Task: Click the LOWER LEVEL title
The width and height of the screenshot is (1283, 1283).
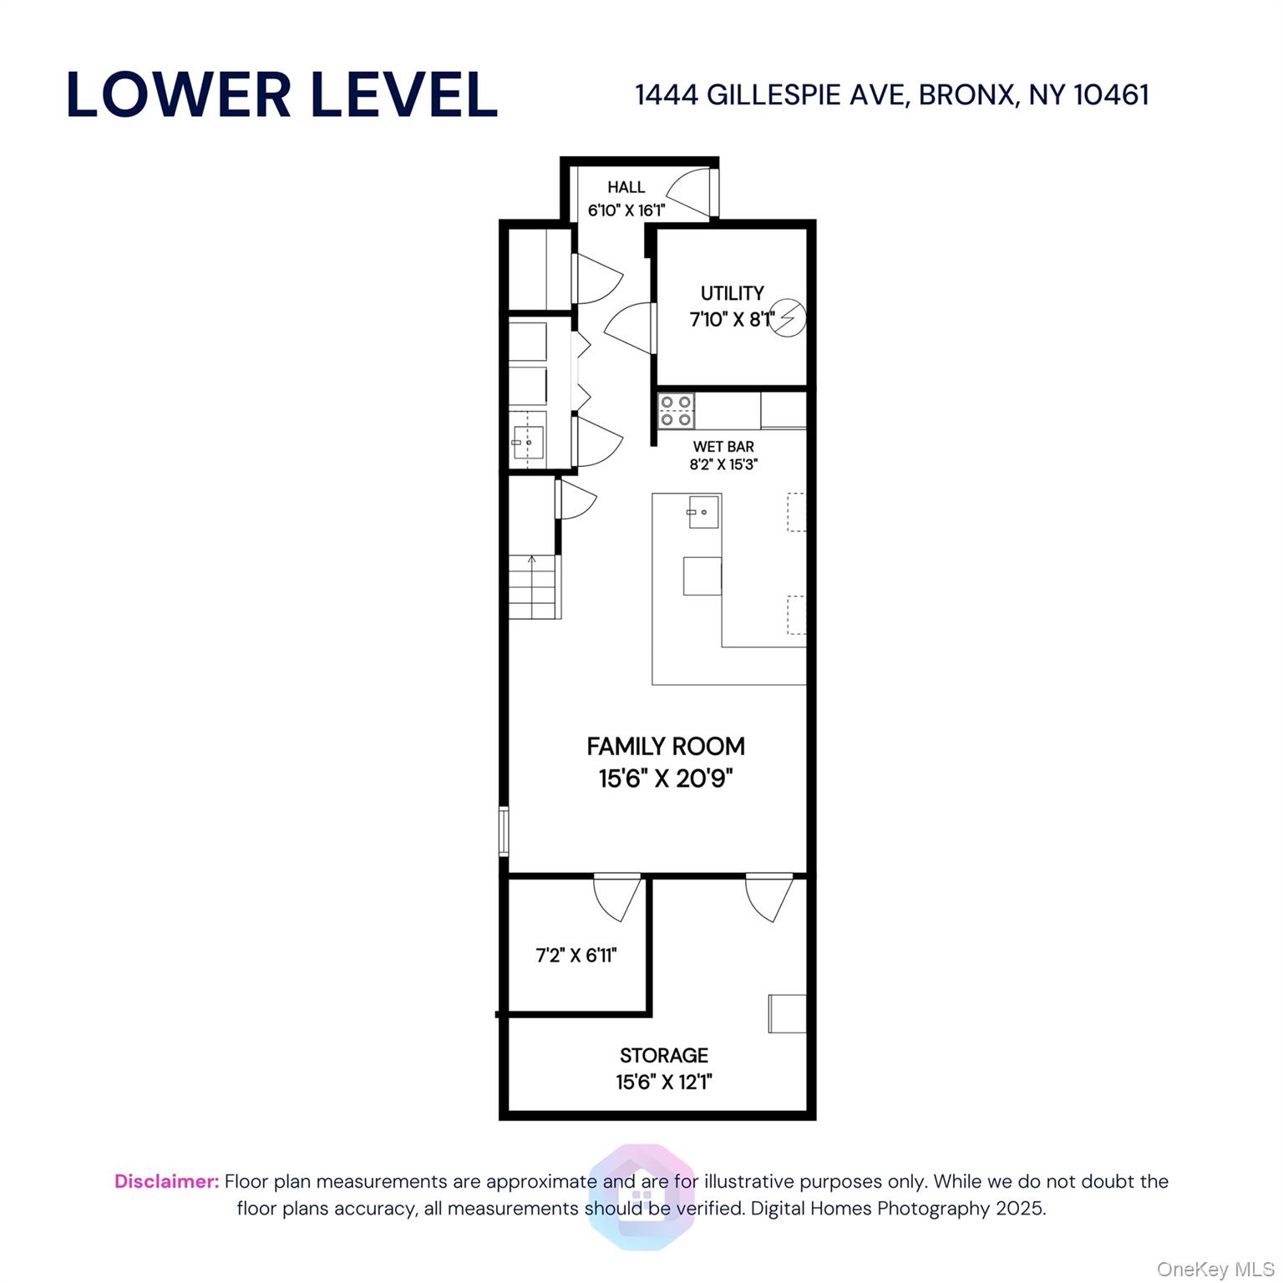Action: pos(281,94)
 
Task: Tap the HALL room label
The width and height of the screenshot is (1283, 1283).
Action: pos(626,187)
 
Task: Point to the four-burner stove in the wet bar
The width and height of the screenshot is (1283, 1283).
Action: pos(676,411)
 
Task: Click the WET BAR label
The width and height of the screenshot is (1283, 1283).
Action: pos(723,447)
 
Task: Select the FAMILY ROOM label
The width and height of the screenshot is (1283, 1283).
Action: pos(666,746)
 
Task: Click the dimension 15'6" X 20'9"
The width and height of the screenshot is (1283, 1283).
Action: pos(666,779)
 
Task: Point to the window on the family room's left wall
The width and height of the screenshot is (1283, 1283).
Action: pos(504,831)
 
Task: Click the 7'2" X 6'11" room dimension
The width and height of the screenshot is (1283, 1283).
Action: pos(576,955)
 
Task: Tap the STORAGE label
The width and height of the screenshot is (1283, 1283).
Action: pos(664,1055)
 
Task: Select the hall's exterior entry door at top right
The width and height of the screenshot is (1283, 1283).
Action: pos(693,192)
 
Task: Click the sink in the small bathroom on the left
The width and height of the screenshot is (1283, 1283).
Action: pos(528,441)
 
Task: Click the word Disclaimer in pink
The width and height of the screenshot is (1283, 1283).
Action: pos(166,1181)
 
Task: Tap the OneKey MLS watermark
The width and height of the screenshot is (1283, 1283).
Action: pos(1215,1270)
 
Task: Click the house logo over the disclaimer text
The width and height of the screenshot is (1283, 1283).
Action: pos(641,1196)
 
